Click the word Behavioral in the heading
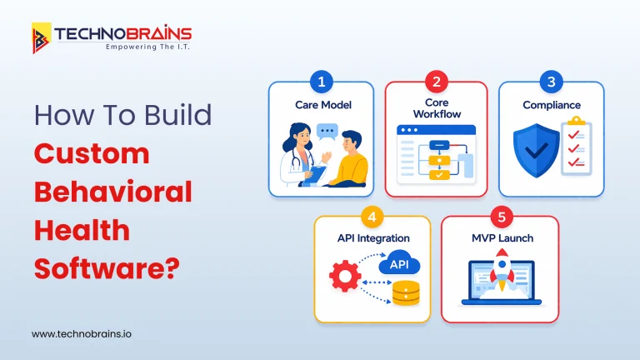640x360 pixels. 112,192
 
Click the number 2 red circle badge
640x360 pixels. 435,82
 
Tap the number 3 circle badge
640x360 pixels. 551,82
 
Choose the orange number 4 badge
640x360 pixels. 372,217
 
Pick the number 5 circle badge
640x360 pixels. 499,217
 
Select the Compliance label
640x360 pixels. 551,105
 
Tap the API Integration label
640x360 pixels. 372,238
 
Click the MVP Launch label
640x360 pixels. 499,238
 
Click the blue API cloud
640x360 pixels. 399,264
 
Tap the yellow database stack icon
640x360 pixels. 406,292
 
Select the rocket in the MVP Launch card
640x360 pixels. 500,272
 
